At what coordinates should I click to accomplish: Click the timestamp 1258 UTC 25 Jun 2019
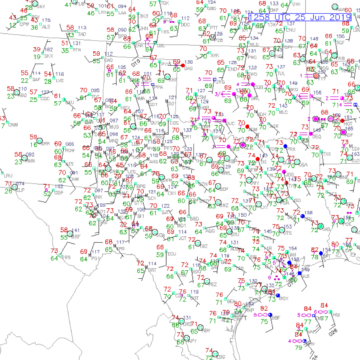(300, 17)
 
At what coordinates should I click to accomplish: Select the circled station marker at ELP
(15, 187)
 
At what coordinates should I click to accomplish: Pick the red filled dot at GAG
(183, 65)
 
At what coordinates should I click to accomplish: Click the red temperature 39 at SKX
(37, 49)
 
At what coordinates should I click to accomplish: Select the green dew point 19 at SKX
(37, 57)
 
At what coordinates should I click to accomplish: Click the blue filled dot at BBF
(270, 314)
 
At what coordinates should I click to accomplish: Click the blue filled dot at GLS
(299, 273)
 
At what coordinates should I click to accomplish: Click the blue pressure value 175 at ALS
(46, 20)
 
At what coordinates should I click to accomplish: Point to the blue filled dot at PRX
(286, 146)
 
